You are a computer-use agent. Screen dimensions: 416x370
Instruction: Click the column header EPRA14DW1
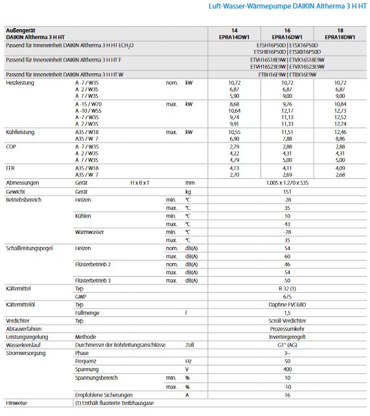tap(234, 38)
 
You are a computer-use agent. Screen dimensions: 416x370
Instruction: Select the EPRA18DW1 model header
tap(341, 38)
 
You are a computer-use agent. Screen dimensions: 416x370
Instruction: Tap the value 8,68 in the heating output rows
tap(234, 104)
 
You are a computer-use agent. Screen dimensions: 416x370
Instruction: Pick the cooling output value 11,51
tap(287, 132)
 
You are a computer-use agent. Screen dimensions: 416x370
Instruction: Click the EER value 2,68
tap(341, 174)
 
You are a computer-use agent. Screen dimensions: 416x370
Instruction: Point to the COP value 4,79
tap(234, 159)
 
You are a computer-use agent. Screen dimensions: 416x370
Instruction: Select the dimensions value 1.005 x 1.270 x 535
tap(287, 183)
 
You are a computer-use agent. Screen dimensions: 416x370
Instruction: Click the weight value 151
tap(287, 192)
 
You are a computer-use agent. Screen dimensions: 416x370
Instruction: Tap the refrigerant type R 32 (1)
tap(287, 288)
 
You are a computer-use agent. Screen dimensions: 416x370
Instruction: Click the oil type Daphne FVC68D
tap(287, 304)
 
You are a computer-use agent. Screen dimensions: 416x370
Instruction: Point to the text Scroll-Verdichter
tap(287, 320)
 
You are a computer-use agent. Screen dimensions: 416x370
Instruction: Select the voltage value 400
tap(287, 369)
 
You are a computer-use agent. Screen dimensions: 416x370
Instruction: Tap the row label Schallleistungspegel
tap(29, 248)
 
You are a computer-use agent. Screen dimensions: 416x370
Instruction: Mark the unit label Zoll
tap(190, 345)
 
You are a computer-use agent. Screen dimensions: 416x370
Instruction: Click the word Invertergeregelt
tap(287, 336)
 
